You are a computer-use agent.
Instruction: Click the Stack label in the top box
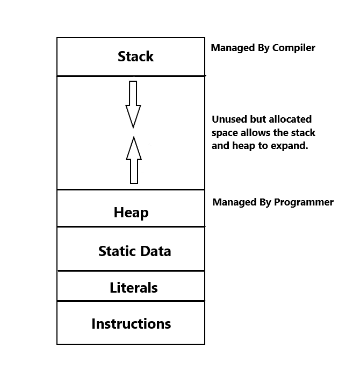click(135, 56)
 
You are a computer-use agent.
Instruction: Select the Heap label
click(131, 212)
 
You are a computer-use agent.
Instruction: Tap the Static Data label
click(134, 251)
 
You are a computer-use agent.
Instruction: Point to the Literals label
click(134, 288)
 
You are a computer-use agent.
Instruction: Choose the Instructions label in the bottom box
click(131, 324)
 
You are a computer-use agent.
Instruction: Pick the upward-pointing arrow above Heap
click(134, 160)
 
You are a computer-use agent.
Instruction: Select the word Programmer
click(304, 203)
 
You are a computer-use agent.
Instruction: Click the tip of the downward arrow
click(133, 127)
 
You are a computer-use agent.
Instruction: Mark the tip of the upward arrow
click(134, 138)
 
